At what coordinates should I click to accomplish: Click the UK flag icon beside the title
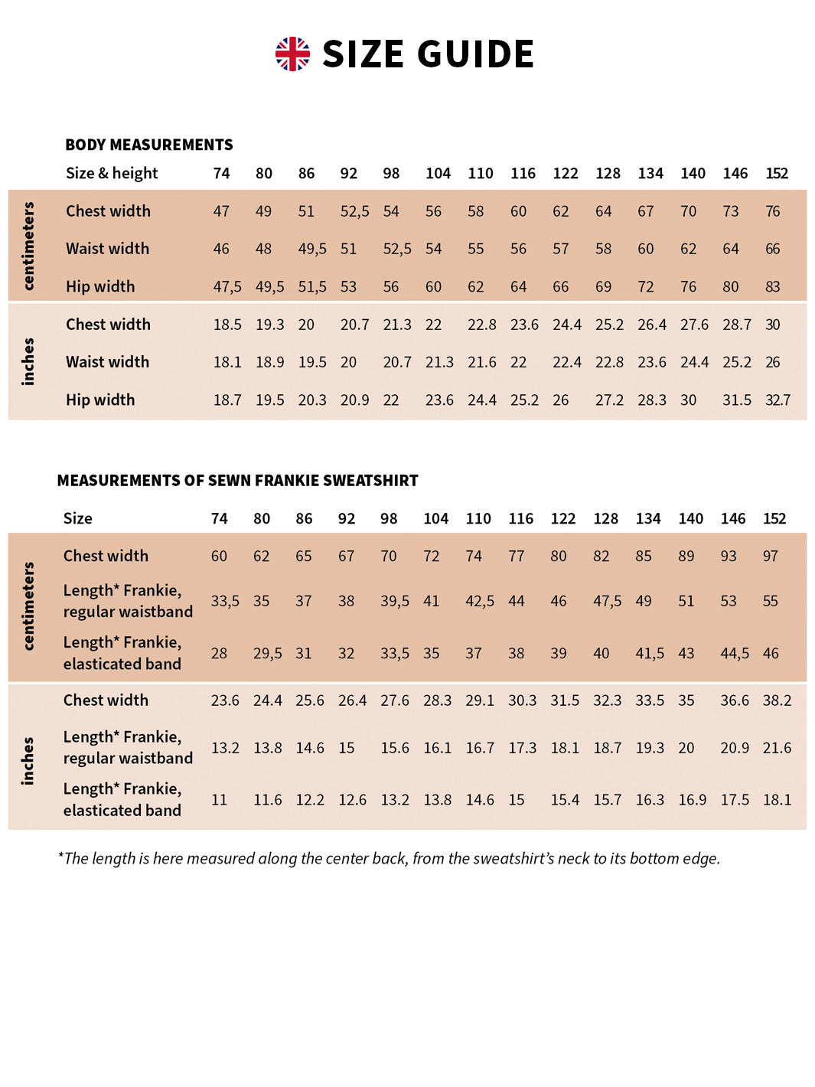(292, 54)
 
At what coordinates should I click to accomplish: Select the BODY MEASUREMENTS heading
(148, 145)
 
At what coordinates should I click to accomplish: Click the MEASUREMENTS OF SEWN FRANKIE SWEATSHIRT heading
(237, 481)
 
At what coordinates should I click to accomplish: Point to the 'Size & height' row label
(112, 173)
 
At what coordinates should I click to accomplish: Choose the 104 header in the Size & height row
(438, 173)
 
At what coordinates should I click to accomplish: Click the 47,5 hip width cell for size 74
(227, 286)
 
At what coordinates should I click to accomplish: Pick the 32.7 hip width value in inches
(778, 400)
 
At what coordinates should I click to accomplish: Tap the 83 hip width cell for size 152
(772, 286)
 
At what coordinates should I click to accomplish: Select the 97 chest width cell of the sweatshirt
(770, 556)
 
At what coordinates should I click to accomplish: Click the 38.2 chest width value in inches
(777, 700)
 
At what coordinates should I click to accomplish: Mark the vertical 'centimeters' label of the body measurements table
(28, 246)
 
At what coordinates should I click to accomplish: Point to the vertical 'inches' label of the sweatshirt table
(28, 760)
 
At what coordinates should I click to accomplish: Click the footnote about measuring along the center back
(389, 858)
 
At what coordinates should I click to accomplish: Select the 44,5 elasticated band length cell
(734, 653)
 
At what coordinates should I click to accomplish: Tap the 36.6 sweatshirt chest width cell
(734, 700)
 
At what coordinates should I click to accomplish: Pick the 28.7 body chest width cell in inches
(736, 325)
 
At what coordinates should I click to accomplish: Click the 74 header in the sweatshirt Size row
(219, 518)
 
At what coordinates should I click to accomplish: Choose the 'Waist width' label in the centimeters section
(107, 249)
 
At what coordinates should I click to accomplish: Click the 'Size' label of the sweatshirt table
(77, 518)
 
